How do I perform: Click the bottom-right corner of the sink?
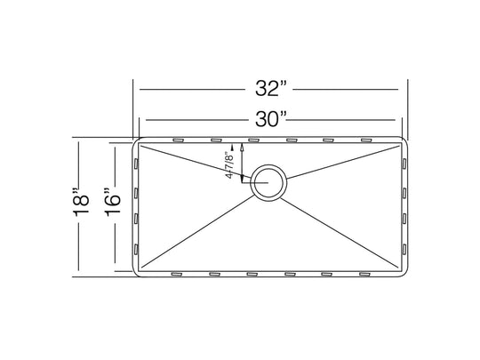click(x=405, y=272)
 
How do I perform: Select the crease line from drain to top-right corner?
click(x=347, y=158)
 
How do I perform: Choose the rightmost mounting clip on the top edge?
click(x=365, y=140)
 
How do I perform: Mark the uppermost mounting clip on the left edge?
click(x=135, y=164)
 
